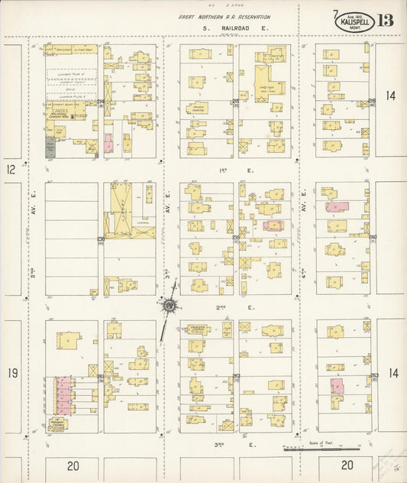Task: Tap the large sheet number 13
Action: (385, 20)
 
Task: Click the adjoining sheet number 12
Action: (11, 169)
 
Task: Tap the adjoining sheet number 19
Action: (11, 373)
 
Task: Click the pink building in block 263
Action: (337, 386)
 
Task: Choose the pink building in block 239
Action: (273, 225)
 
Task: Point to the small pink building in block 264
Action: (108, 143)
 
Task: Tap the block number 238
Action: (101, 239)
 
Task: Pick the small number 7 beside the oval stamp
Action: (335, 13)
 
